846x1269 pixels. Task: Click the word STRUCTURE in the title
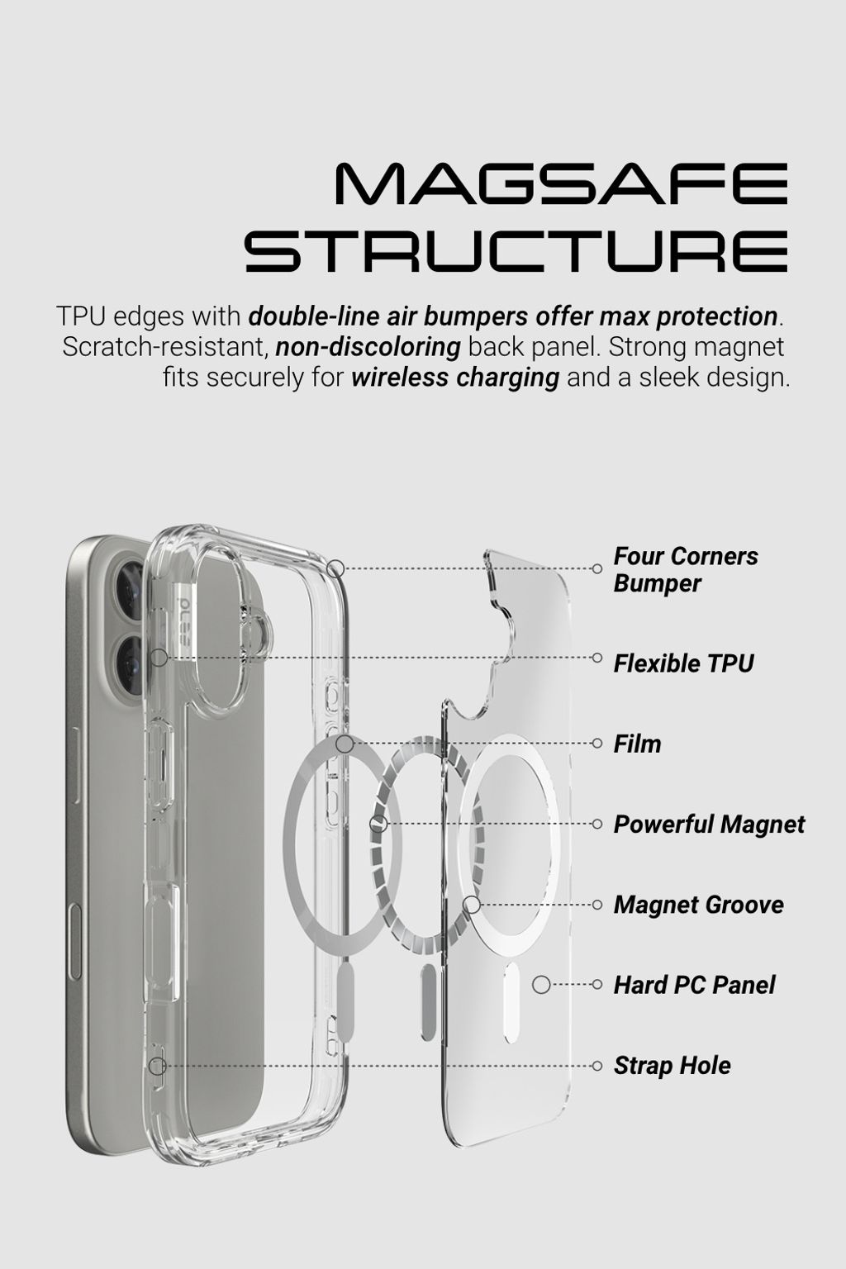coord(516,251)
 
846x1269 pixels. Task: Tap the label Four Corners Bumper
coord(685,569)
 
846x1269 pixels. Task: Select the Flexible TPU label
coord(683,663)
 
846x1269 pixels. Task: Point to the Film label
coord(637,744)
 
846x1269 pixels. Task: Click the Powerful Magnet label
coord(709,825)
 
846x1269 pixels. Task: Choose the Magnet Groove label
coord(698,905)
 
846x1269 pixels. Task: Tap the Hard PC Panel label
coord(694,985)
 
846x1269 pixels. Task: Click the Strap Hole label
coord(672,1065)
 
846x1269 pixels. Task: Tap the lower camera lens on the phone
coord(132,657)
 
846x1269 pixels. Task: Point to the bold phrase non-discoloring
coord(368,347)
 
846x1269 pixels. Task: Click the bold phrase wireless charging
coord(455,378)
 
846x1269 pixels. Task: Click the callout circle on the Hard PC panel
coord(541,985)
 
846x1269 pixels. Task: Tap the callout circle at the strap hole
coord(157,1066)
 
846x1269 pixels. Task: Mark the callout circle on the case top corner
coord(335,568)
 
